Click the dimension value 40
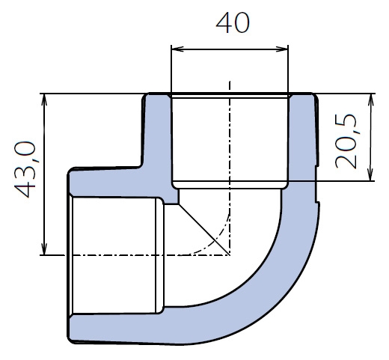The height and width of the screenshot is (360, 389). point(233,23)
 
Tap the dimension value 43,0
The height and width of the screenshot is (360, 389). point(25,170)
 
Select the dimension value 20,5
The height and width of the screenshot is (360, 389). point(346,141)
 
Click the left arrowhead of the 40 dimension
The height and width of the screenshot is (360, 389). point(177,49)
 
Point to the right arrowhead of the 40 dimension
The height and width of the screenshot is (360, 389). point(282,49)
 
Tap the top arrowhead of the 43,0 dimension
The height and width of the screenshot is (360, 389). point(44,100)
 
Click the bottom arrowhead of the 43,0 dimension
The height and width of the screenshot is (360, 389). point(44,248)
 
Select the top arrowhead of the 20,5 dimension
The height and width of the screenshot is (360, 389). point(371,100)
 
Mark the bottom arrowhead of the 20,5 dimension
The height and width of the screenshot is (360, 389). point(371,174)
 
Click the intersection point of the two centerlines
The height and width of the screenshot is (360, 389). point(230,255)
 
